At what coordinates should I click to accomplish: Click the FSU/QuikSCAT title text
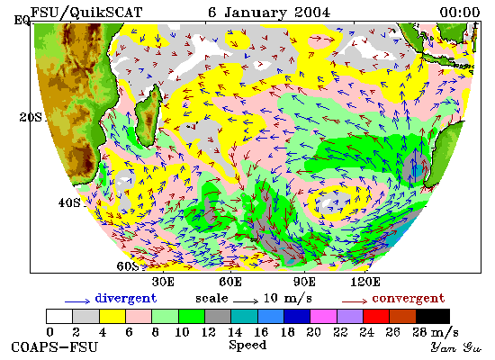(86, 13)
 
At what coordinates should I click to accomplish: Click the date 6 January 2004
(269, 13)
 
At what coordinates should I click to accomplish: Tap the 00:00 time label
(460, 13)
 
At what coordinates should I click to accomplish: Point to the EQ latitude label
(22, 21)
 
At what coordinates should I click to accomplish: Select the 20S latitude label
(31, 118)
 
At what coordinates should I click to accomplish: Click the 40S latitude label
(69, 202)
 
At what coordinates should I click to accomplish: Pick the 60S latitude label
(128, 265)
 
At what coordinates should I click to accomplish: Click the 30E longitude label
(163, 282)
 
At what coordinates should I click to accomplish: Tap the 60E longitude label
(230, 282)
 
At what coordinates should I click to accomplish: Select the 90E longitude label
(304, 282)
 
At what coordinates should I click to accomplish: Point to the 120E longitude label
(365, 282)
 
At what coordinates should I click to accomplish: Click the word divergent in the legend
(126, 299)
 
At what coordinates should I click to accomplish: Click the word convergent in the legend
(409, 299)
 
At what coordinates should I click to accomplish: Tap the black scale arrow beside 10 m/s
(246, 301)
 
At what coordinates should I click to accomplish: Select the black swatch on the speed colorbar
(433, 317)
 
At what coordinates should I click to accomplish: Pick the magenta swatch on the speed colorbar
(324, 317)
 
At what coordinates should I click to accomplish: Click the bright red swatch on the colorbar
(376, 317)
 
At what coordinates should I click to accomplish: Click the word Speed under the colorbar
(247, 345)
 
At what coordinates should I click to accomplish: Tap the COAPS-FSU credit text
(54, 347)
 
